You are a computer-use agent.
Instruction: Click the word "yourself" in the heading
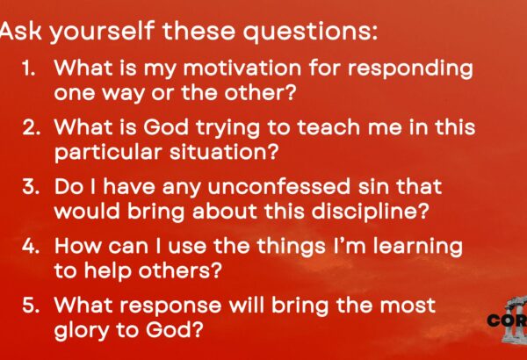click(x=102, y=32)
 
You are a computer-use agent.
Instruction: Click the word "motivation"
click(x=242, y=68)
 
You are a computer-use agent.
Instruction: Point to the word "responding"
click(x=410, y=69)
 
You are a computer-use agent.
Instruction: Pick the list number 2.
click(x=32, y=127)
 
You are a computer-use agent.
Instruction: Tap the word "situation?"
click(x=224, y=152)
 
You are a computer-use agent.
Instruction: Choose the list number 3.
click(x=32, y=187)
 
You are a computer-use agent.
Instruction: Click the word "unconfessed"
click(x=279, y=187)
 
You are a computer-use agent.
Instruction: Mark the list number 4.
click(x=32, y=246)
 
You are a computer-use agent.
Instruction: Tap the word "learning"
click(x=418, y=247)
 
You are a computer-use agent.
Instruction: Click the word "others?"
click(x=180, y=270)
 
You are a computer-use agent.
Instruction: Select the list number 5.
click(x=32, y=306)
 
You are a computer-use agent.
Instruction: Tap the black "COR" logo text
click(x=507, y=320)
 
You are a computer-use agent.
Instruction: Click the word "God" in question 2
click(x=166, y=127)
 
